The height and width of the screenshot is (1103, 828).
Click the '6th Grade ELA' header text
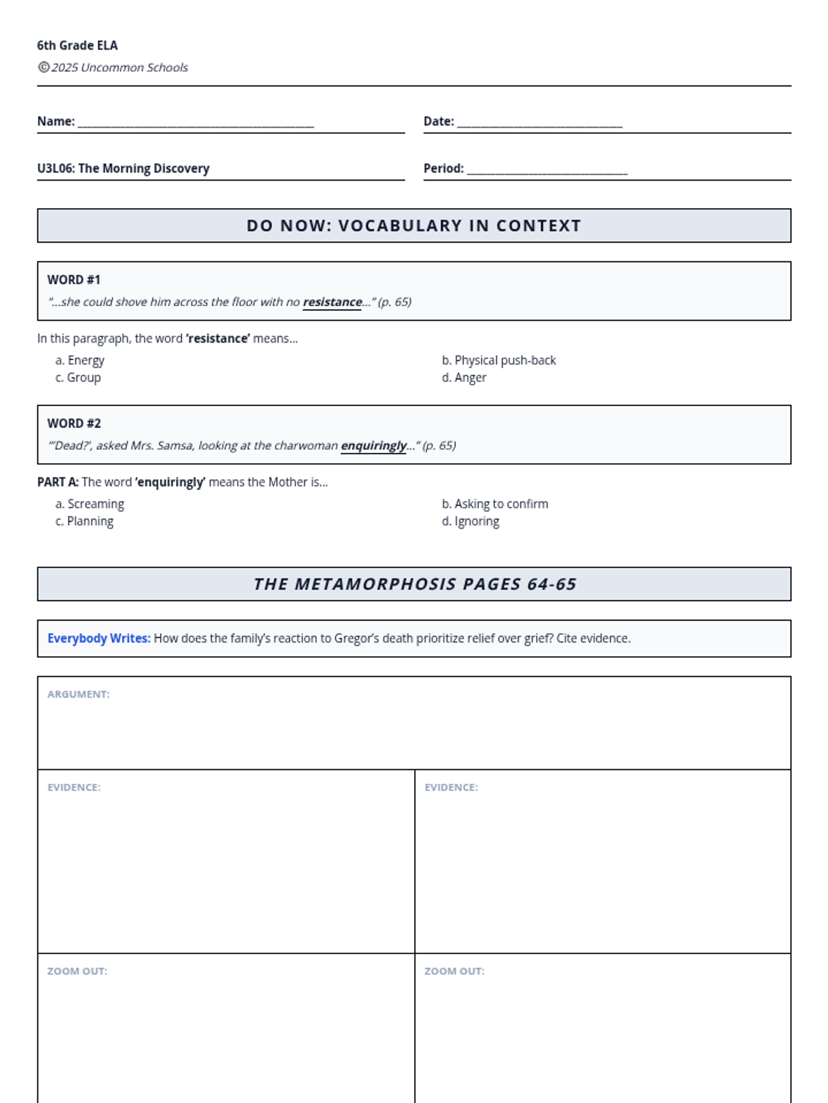(x=77, y=45)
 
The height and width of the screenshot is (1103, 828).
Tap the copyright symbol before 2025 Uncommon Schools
(x=43, y=67)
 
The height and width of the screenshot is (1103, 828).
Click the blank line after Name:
(x=196, y=124)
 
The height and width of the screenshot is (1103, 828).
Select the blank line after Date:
(x=540, y=124)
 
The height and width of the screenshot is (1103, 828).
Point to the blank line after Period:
(x=547, y=171)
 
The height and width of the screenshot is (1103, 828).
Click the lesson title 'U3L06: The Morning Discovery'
(x=124, y=168)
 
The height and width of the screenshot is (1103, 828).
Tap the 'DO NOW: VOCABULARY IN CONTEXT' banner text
(x=414, y=225)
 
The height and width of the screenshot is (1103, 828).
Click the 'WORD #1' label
(x=74, y=280)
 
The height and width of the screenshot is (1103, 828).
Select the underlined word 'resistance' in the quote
(x=332, y=302)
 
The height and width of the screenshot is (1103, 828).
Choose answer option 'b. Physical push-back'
(x=499, y=360)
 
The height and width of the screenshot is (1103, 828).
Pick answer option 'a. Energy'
(x=80, y=360)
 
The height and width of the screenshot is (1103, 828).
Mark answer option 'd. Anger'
(x=464, y=377)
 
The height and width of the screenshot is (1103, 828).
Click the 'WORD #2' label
(x=74, y=423)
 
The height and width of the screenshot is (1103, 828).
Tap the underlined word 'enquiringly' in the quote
(x=373, y=445)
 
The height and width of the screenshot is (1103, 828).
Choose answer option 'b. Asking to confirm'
(x=495, y=504)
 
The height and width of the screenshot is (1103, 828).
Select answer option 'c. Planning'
(x=85, y=521)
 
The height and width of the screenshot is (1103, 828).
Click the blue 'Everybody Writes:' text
(x=99, y=638)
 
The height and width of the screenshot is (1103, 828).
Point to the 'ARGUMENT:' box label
(x=79, y=694)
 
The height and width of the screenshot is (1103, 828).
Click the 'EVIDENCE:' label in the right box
(x=451, y=787)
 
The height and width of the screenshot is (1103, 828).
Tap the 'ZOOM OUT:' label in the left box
(x=77, y=971)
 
